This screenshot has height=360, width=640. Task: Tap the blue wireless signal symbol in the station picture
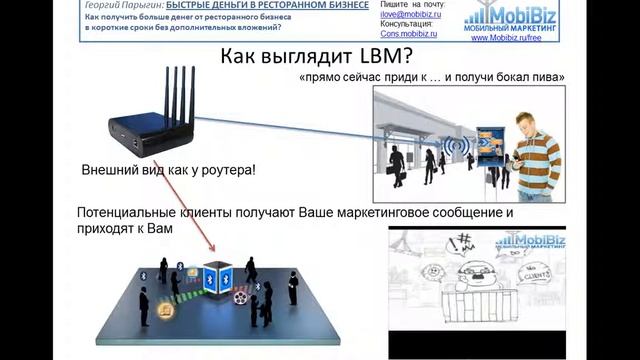pyautogui.click(x=463, y=147)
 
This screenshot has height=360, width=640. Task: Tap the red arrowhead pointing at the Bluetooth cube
pyautogui.click(x=212, y=249)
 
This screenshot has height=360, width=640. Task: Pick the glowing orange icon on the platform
pyautogui.click(x=164, y=311)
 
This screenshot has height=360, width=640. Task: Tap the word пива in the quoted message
pyautogui.click(x=549, y=77)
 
